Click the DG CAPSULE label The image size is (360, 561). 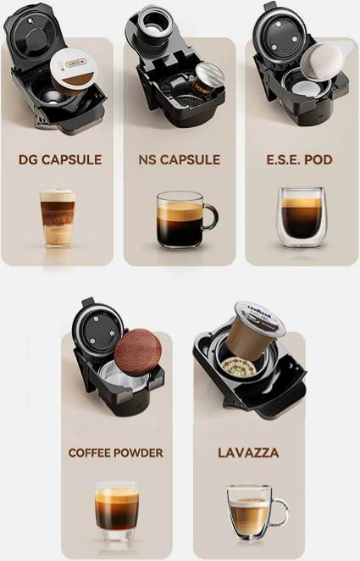click(60, 159)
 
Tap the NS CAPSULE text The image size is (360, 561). click(180, 159)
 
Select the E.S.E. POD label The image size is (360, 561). click(300, 159)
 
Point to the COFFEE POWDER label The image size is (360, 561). click(115, 453)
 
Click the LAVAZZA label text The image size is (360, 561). click(248, 453)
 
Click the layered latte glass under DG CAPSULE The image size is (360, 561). click(58, 219)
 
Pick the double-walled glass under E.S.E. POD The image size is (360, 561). click(301, 217)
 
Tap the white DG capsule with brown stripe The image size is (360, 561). click(73, 71)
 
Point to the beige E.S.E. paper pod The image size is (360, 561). click(322, 61)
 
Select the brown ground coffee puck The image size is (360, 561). click(137, 352)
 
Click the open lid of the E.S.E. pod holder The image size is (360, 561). click(280, 36)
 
